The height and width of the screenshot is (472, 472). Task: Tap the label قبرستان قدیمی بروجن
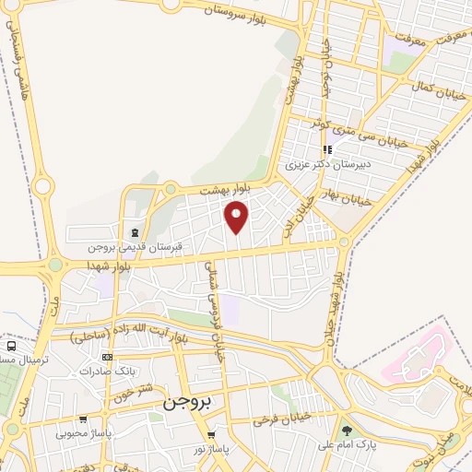point(136,247)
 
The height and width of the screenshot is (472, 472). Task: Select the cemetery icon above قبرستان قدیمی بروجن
point(136,231)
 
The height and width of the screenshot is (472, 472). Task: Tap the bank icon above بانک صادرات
point(108,357)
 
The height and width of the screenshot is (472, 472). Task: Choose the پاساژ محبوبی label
point(83,432)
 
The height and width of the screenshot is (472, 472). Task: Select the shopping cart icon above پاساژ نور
point(212,435)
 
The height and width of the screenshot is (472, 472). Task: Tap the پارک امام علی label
point(346,446)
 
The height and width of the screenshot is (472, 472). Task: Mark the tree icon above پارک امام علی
point(347,431)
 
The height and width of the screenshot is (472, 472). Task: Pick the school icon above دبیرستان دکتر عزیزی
point(326,149)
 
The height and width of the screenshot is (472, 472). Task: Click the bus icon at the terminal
point(10,347)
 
